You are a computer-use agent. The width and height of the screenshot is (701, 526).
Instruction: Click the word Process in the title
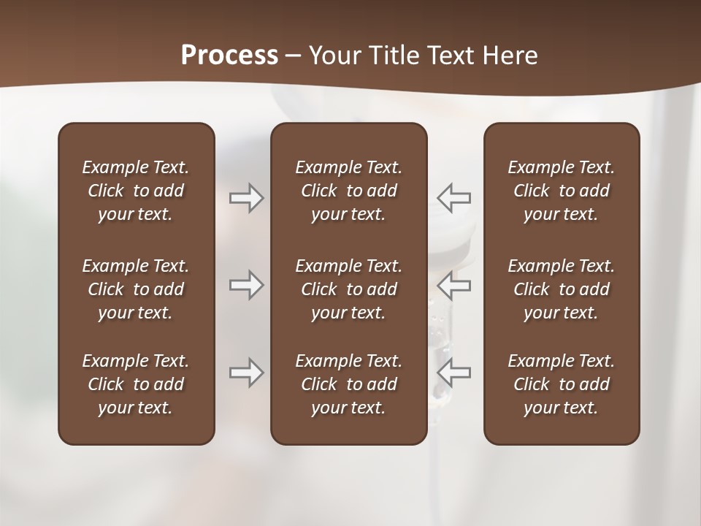229,56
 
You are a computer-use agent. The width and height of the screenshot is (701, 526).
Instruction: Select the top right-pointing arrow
247,198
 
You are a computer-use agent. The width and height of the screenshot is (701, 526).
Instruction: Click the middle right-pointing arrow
247,285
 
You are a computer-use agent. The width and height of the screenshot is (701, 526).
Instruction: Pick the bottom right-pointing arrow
247,373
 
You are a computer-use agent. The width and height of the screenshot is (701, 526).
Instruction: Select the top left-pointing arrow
454,198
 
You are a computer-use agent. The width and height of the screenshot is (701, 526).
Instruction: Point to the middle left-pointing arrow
454,285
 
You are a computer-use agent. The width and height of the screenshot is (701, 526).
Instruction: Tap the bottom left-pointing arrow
454,373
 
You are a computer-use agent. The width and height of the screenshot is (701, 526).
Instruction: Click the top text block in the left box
136,191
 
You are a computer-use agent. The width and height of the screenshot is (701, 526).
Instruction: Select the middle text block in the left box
136,289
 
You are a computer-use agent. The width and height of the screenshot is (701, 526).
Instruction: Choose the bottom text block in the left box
136,384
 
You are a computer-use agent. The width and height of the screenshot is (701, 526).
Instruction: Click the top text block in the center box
348,191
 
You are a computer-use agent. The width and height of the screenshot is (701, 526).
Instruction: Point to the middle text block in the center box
348,289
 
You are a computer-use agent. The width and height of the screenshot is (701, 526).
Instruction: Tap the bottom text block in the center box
348,384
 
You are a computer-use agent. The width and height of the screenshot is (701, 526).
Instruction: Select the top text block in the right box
561,191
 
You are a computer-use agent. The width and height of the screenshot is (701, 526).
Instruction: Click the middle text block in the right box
561,289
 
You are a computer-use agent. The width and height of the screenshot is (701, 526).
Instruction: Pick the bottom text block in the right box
561,384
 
